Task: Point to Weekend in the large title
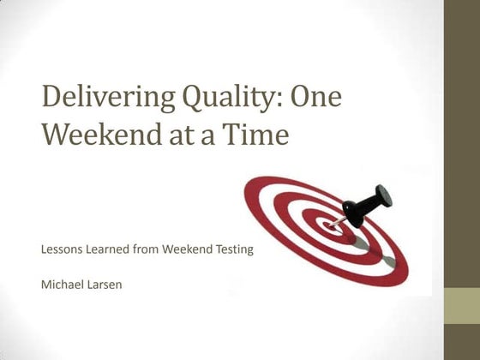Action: [99, 135]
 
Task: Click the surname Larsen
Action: [105, 284]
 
